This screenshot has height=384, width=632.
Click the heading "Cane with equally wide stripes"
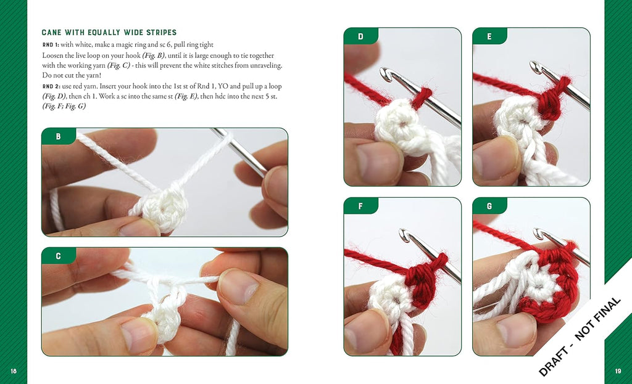[109, 33]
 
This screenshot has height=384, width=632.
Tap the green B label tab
[59, 136]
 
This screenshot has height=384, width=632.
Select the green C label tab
[59, 256]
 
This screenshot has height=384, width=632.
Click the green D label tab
[360, 36]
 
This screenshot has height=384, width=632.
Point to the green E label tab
[489, 36]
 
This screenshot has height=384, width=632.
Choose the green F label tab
[360, 206]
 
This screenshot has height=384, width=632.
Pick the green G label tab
[489, 206]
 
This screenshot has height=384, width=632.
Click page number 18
[14, 371]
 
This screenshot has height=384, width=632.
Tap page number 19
[618, 371]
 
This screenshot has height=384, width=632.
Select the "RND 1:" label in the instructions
[51, 44]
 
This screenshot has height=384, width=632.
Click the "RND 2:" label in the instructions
[51, 86]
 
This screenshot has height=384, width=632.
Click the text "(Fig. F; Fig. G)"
[64, 106]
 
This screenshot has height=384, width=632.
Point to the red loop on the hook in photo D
[420, 99]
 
